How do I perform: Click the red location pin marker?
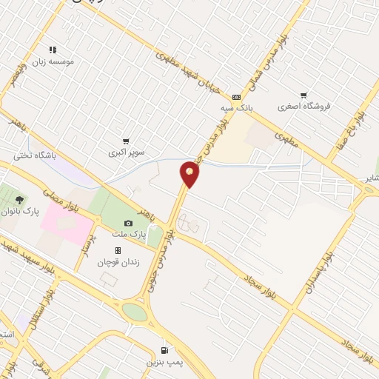tap(190, 174)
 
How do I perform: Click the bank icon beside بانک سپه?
tap(236, 96)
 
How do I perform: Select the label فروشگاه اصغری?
tap(303, 107)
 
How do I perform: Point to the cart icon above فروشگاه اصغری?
tap(303, 95)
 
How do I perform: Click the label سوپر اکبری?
tap(127, 152)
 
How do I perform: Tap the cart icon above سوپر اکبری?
tap(127, 141)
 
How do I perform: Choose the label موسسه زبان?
tap(51, 61)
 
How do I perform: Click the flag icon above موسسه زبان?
tap(51, 50)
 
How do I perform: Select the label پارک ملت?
tap(129, 235)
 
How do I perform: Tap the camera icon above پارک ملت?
tap(129, 223)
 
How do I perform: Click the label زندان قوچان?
tap(118, 261)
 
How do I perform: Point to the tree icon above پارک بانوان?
tap(20, 199)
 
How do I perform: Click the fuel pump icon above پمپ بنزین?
tap(164, 349)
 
